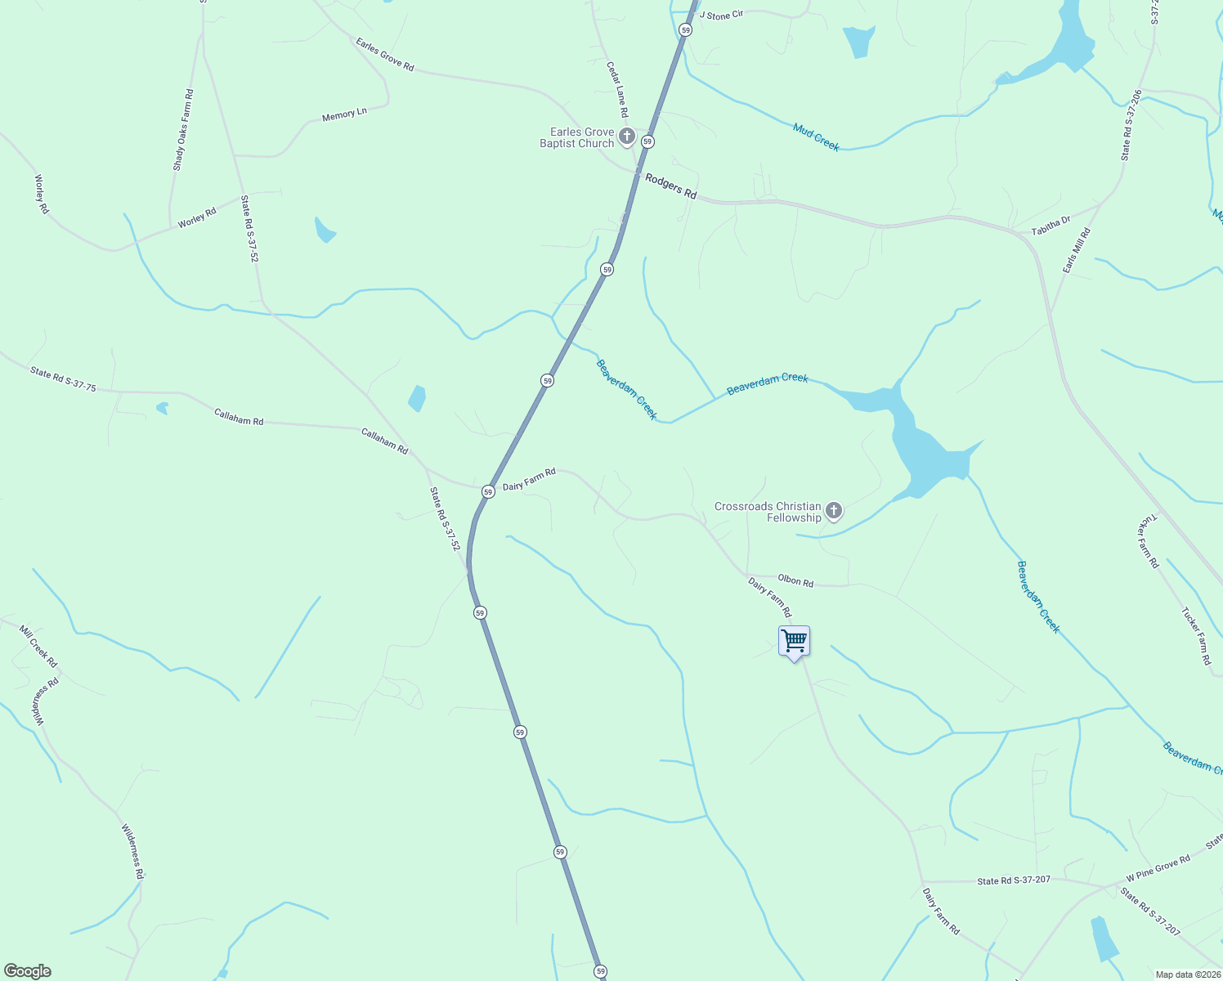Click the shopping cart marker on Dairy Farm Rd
point(794,642)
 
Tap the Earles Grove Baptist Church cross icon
point(627,137)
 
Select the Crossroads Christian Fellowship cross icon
point(834,512)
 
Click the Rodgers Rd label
point(671,186)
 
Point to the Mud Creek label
point(816,137)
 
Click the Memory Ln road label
point(344,115)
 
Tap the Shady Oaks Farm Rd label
point(183,130)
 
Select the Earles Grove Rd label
point(385,54)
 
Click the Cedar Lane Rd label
point(617,89)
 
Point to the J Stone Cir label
point(720,16)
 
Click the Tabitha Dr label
point(1051,226)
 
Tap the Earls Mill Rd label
point(1077,251)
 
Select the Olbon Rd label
point(795,580)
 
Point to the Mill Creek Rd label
point(38,647)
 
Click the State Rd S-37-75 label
point(63,379)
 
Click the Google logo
point(28,971)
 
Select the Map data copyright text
point(1186,974)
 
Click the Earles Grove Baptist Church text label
point(577,137)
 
